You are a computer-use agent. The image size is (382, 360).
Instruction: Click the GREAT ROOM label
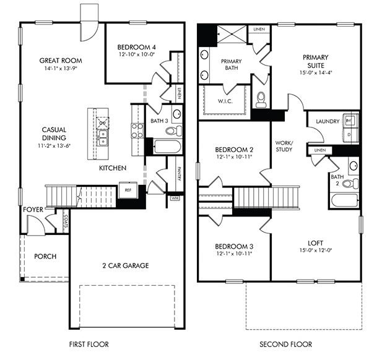pos(61,61)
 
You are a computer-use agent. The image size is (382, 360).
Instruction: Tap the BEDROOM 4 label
pos(138,47)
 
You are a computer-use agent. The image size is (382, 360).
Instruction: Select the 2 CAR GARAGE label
pos(126,266)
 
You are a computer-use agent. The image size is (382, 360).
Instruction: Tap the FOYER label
pos(33,210)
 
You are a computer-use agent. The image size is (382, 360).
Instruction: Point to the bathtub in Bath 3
pos(165,147)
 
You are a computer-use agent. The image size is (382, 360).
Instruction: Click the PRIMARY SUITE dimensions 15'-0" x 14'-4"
pos(316,72)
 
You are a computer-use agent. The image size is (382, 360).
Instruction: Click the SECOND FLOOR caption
pos(285,345)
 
